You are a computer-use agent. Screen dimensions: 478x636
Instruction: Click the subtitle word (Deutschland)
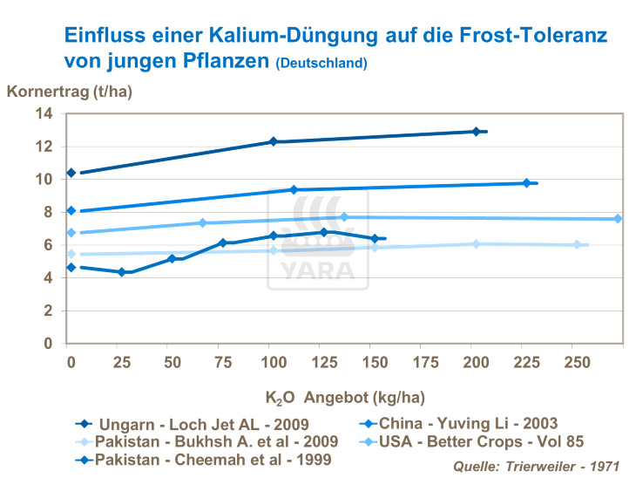pyautogui.click(x=321, y=64)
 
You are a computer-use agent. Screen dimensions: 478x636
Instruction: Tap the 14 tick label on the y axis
pyautogui.click(x=44, y=113)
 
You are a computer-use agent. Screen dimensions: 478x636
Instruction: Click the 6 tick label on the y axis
pyautogui.click(x=48, y=245)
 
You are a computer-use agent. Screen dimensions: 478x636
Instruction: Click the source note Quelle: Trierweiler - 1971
pyautogui.click(x=536, y=467)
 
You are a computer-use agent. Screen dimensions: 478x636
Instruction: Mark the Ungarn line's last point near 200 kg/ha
pyautogui.click(x=476, y=132)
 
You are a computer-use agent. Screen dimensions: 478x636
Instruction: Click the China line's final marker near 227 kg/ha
pyautogui.click(x=526, y=183)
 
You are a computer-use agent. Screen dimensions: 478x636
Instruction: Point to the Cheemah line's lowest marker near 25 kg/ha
pyautogui.click(x=122, y=272)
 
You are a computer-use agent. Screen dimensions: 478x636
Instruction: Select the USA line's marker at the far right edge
pyautogui.click(x=618, y=219)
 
